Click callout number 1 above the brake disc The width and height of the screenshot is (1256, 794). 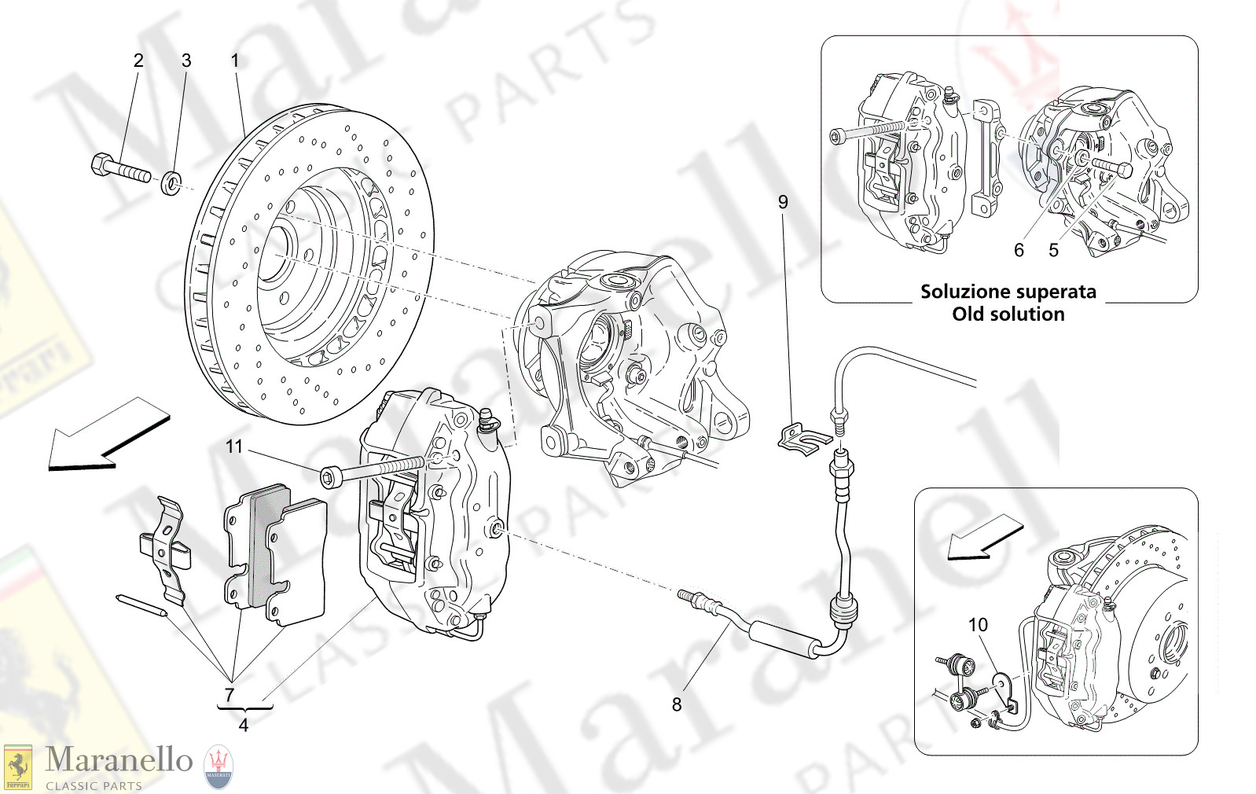(x=234, y=61)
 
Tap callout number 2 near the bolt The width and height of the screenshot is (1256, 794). (x=138, y=61)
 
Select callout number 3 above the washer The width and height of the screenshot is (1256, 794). (x=186, y=61)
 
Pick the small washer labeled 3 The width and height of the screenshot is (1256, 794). (x=171, y=185)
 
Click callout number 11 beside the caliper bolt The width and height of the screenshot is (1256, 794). (x=234, y=447)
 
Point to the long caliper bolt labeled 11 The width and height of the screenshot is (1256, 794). (x=369, y=472)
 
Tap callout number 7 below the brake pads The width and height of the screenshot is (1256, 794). (x=230, y=695)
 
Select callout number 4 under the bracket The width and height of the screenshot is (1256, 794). (x=243, y=726)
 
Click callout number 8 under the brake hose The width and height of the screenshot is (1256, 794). (x=677, y=705)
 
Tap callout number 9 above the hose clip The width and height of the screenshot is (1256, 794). (x=783, y=202)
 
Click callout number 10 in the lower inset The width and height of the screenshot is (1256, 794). (x=978, y=625)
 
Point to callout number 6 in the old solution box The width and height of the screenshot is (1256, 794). (x=1019, y=250)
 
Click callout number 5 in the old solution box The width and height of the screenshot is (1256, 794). (x=1053, y=250)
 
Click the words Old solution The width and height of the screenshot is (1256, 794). (x=1008, y=314)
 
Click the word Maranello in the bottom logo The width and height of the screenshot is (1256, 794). (x=119, y=760)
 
